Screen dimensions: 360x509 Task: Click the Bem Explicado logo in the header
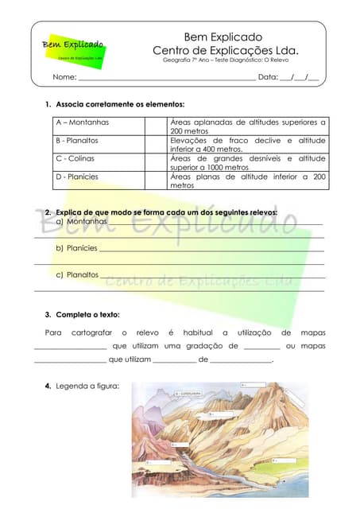72,49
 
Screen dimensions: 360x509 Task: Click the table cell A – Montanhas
83,122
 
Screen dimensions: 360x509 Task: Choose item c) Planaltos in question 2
77,274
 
